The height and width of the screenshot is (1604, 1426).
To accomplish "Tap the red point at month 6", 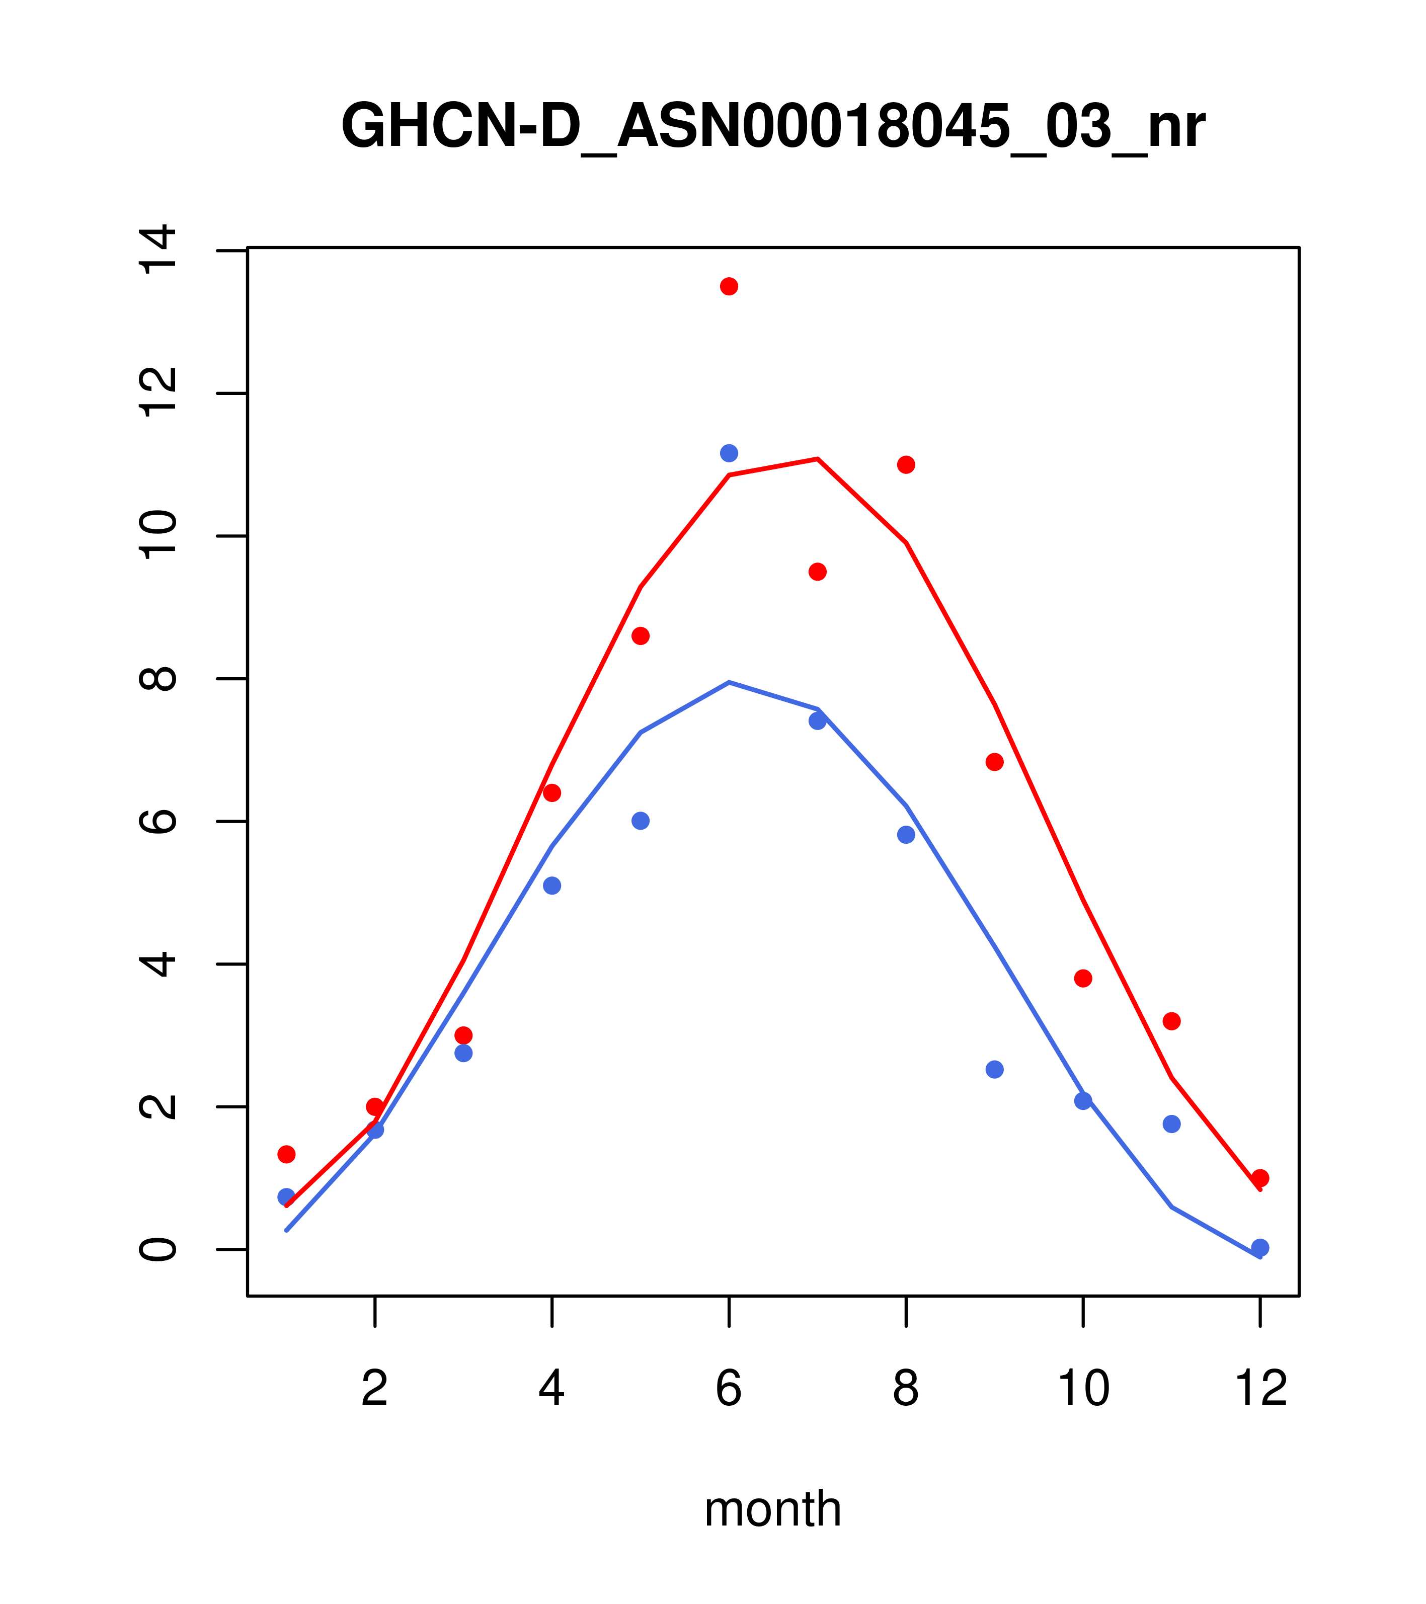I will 729,286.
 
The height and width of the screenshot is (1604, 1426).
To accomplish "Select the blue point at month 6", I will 729,453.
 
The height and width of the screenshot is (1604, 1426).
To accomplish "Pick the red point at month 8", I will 906,465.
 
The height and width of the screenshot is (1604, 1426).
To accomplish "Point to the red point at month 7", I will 818,572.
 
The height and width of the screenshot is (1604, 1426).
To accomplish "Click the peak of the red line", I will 818,459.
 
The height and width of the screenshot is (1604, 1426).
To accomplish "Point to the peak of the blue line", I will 729,683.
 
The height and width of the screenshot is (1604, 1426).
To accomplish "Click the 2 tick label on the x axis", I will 375,1388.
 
